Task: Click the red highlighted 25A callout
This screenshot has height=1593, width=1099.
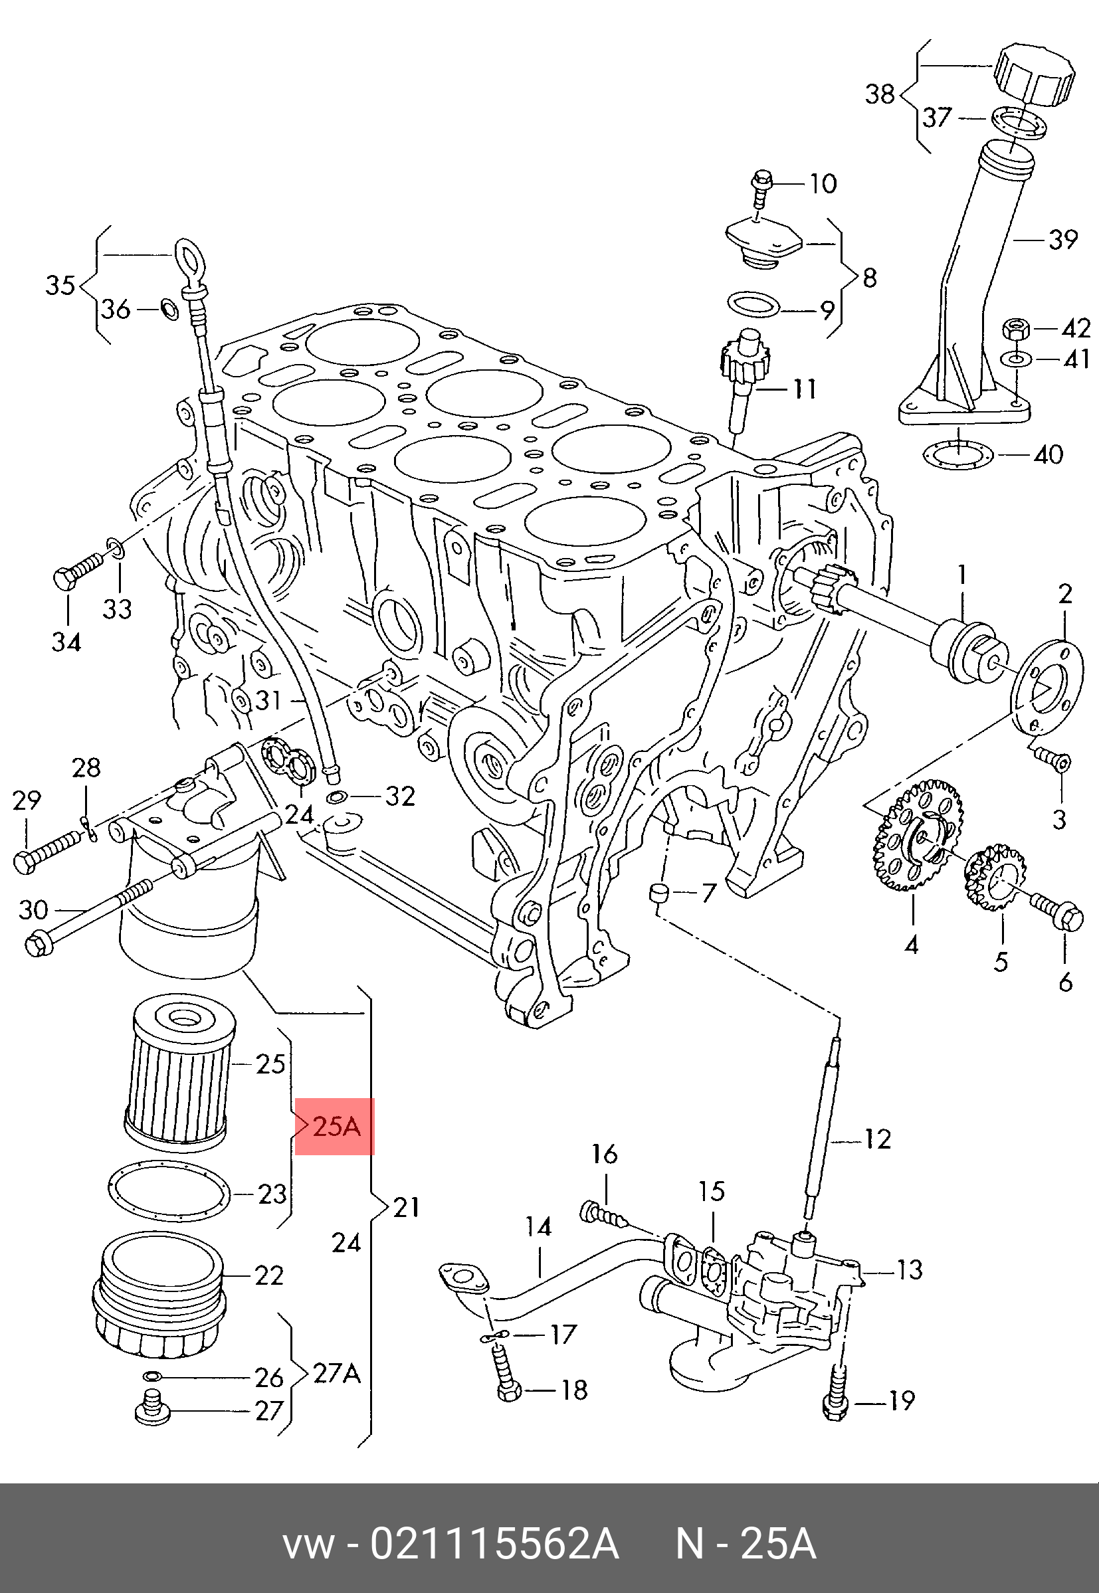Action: coord(335,1127)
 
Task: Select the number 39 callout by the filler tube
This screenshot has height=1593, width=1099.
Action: coord(1062,240)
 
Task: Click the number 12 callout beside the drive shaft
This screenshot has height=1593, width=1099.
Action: coord(876,1140)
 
